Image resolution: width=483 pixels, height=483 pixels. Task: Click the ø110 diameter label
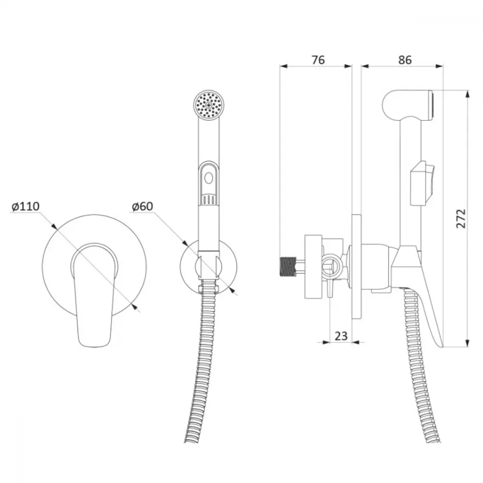[26, 206]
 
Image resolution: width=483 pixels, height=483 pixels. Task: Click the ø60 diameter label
[142, 206]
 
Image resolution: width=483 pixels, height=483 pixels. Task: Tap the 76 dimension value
[318, 60]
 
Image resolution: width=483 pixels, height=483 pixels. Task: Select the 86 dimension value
[405, 60]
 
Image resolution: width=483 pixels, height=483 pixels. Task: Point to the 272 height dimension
[461, 218]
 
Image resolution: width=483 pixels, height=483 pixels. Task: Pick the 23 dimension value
[341, 336]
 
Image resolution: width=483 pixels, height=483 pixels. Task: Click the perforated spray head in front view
[209, 105]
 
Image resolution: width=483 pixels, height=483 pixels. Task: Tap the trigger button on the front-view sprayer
[209, 183]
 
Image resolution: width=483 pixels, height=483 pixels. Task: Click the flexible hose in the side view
[421, 367]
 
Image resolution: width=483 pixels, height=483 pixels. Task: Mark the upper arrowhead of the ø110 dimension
[54, 226]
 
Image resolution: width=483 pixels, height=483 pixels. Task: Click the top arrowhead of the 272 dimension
[467, 94]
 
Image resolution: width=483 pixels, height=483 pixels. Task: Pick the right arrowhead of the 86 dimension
[439, 66]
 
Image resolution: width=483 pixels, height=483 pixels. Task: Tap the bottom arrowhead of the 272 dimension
[467, 343]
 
